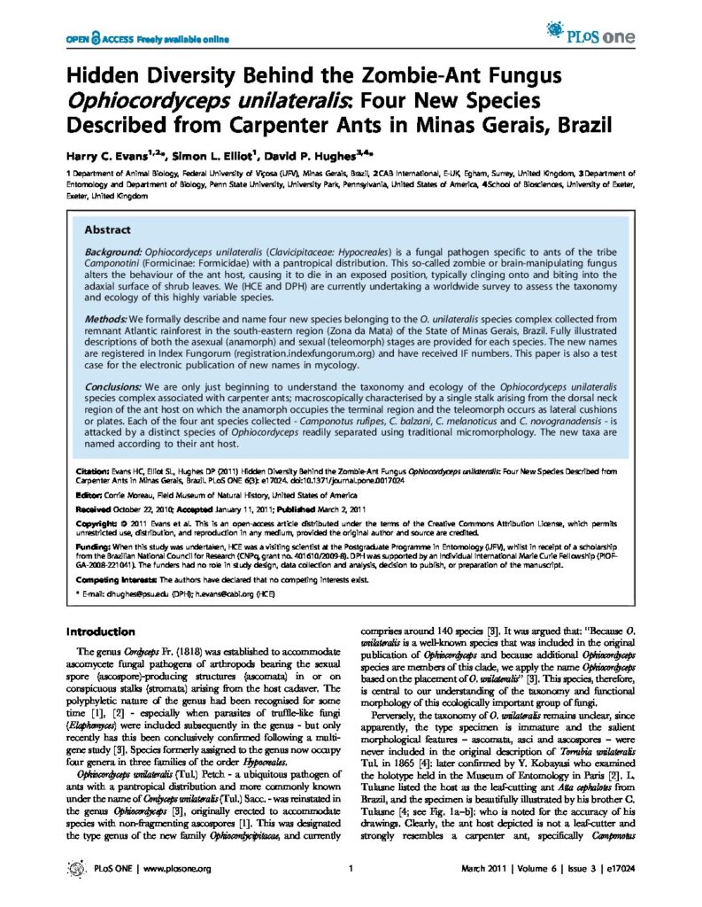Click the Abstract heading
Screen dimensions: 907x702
pyautogui.click(x=107, y=229)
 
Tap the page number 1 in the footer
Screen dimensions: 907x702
pyautogui.click(x=351, y=870)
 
